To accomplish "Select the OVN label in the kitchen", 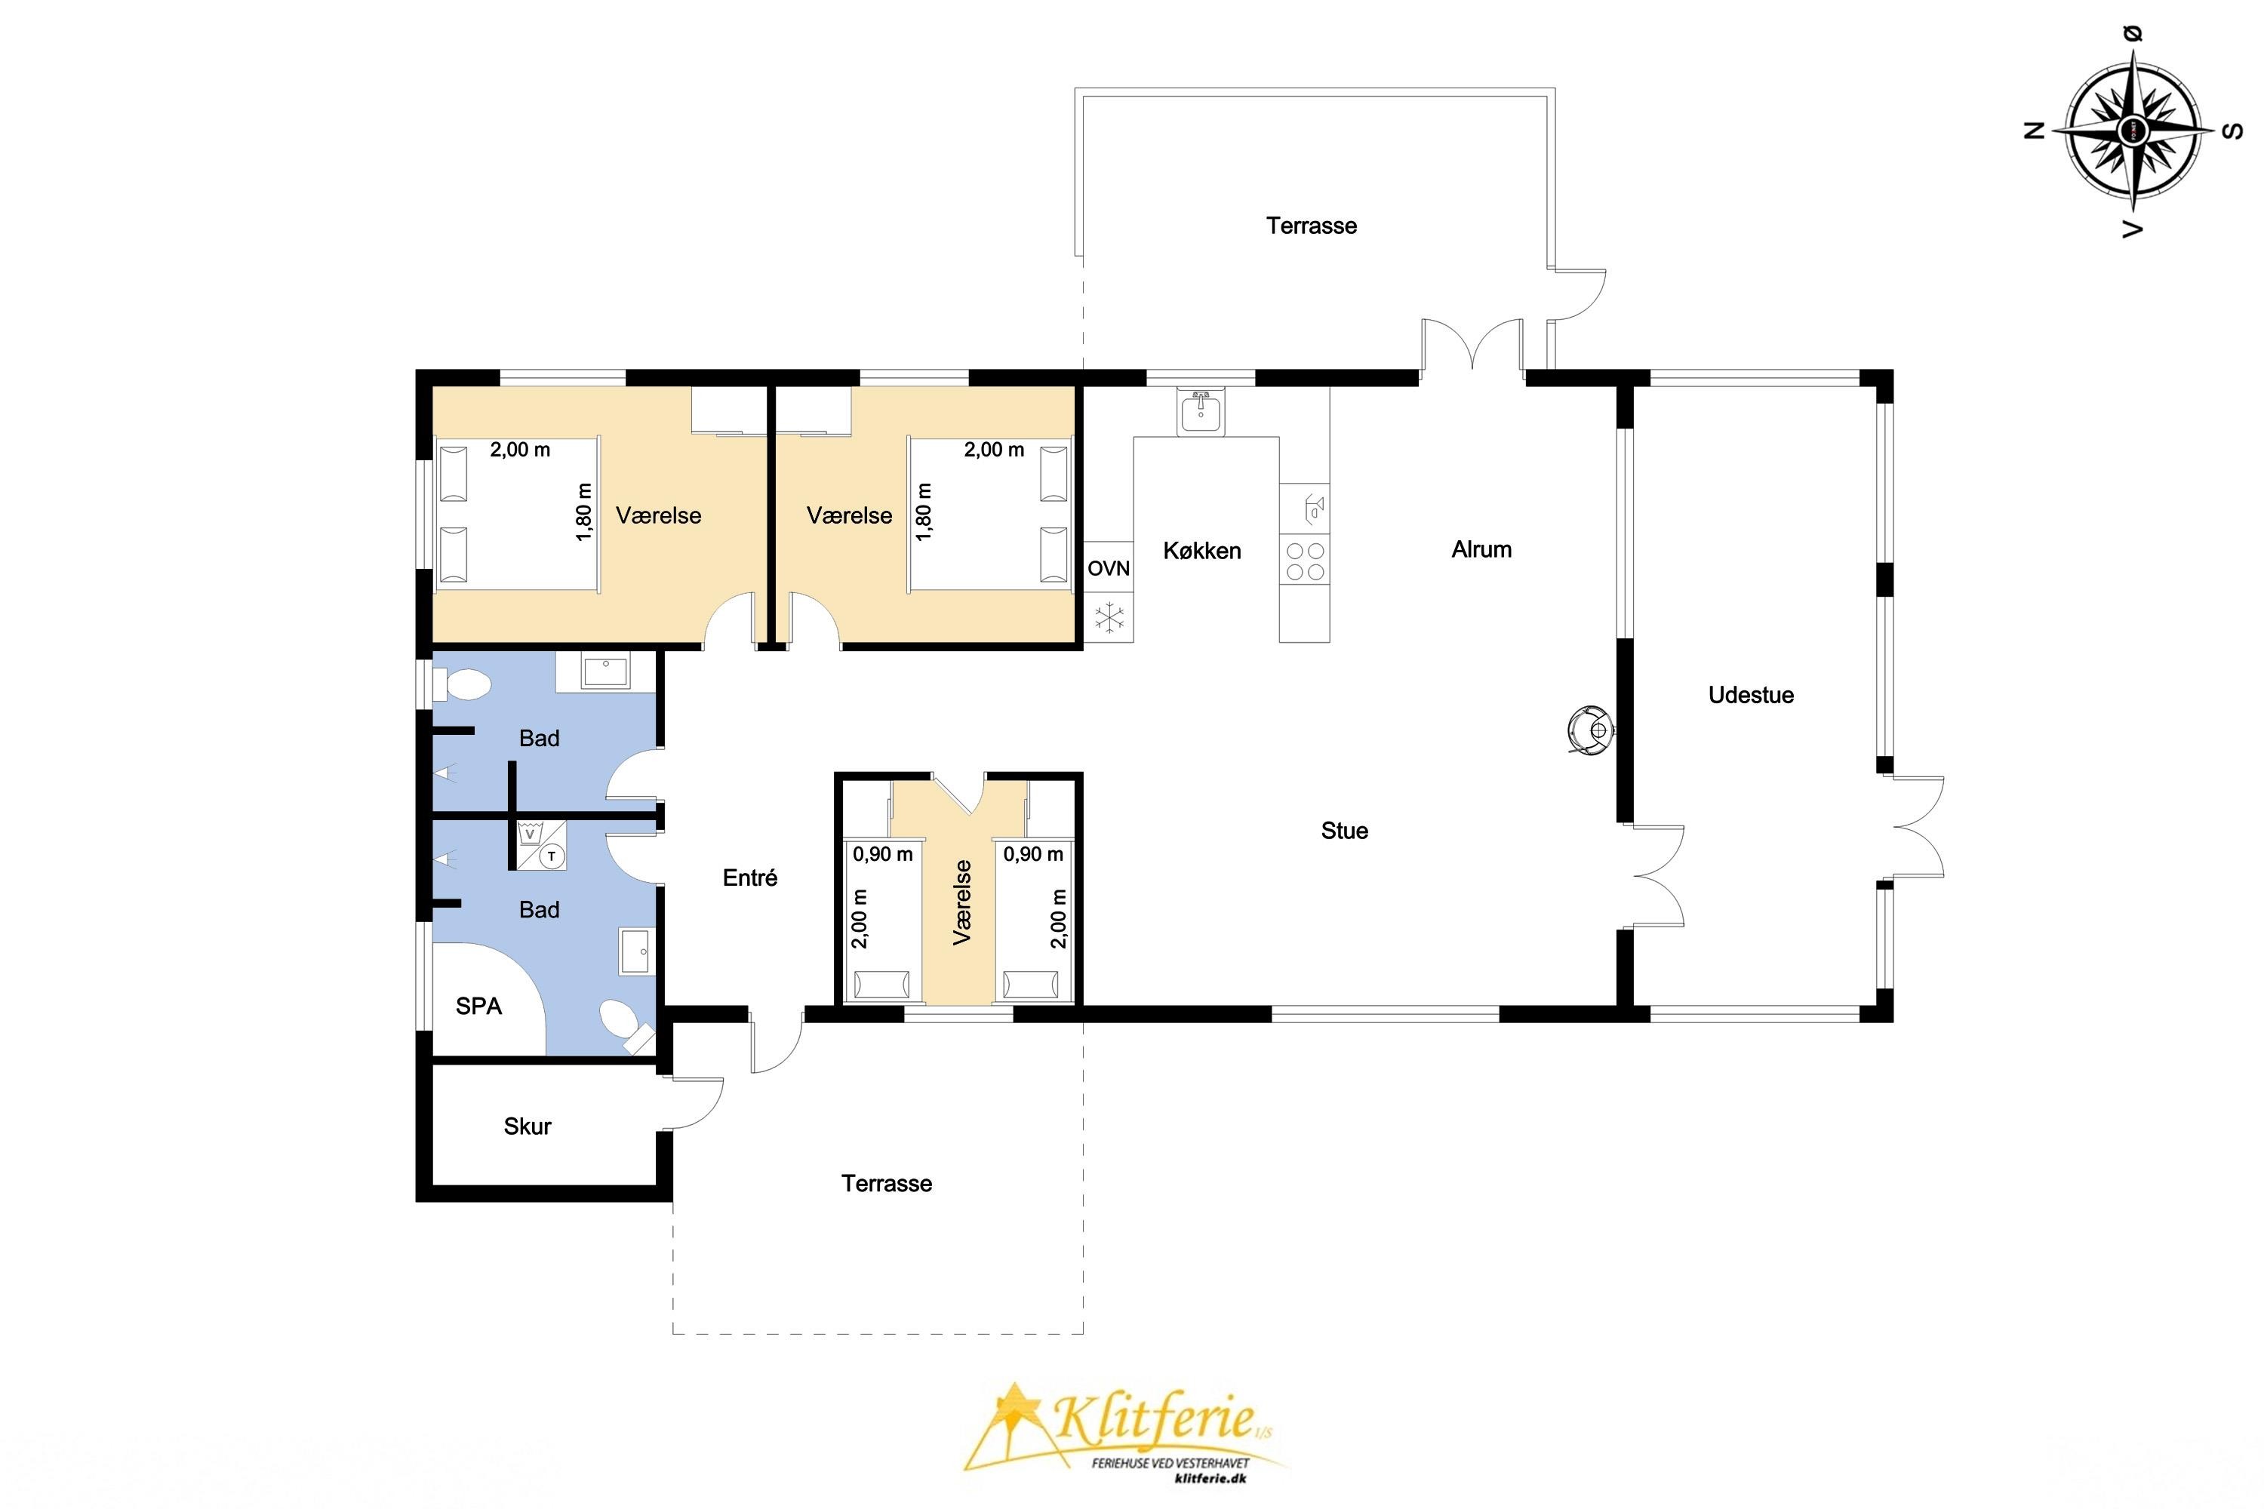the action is click(x=1108, y=569).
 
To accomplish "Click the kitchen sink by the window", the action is click(x=1201, y=412).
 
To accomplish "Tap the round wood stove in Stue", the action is click(x=1590, y=730).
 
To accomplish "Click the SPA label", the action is click(x=478, y=1007).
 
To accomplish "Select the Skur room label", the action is click(x=528, y=1126).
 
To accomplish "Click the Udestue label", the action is click(x=1751, y=695).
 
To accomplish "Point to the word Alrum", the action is click(x=1481, y=549).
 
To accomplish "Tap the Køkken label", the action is click(x=1202, y=551).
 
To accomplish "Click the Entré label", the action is click(x=750, y=877).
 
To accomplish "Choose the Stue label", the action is click(x=1345, y=831).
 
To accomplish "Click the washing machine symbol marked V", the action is click(x=530, y=834).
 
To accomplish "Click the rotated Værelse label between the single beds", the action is click(x=961, y=902).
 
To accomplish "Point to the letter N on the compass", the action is click(x=2035, y=131).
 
